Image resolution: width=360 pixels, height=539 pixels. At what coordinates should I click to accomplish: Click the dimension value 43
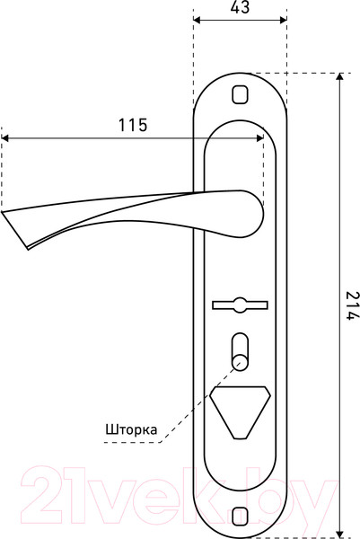tap(239, 8)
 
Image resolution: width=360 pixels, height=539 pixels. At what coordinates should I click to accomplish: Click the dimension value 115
tap(133, 126)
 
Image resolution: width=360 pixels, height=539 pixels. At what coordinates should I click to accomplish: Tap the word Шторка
tap(131, 430)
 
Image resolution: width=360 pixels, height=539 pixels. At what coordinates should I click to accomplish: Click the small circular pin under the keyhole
tap(239, 361)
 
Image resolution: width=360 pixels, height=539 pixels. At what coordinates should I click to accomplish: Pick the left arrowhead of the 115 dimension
tap(5, 137)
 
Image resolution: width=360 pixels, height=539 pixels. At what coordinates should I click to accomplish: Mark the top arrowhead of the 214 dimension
tap(338, 77)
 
